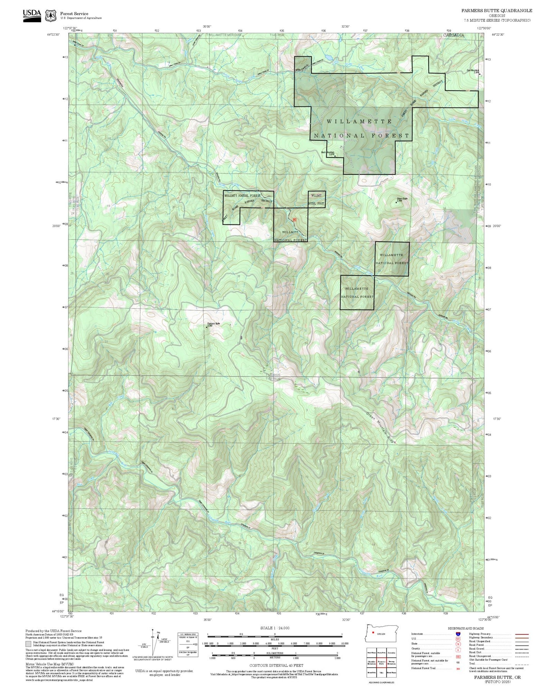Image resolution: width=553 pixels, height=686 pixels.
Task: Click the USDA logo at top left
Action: click(x=32, y=15)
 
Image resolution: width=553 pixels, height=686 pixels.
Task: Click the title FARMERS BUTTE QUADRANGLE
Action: click(x=496, y=10)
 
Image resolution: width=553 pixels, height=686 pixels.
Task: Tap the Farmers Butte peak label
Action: click(x=213, y=324)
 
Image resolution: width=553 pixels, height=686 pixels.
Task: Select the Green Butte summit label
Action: click(x=401, y=198)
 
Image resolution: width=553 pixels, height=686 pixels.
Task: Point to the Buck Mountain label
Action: click(x=328, y=152)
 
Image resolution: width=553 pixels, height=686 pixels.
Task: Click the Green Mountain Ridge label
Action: click(x=381, y=428)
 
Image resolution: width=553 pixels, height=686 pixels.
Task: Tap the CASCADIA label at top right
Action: click(x=453, y=35)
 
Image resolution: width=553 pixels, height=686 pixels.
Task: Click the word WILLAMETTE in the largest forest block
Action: click(x=359, y=121)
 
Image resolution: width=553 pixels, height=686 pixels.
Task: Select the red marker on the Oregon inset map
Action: click(x=373, y=632)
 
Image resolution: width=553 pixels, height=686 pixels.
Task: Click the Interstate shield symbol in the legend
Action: click(x=458, y=634)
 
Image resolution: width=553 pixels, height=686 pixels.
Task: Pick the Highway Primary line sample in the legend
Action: click(x=522, y=634)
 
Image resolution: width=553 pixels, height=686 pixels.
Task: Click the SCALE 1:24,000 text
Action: click(x=275, y=628)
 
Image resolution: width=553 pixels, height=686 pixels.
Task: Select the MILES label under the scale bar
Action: click(x=275, y=639)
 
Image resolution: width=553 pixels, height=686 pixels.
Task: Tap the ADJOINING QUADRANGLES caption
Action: click(x=381, y=682)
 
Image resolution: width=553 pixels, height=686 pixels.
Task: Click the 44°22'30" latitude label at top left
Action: click(x=54, y=34)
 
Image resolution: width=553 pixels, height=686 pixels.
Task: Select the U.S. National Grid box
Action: click(x=188, y=645)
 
